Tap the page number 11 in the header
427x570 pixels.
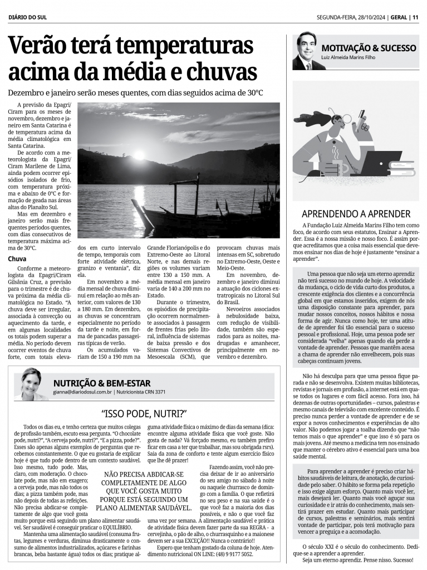click(415, 17)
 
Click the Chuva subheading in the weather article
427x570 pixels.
click(18, 259)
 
